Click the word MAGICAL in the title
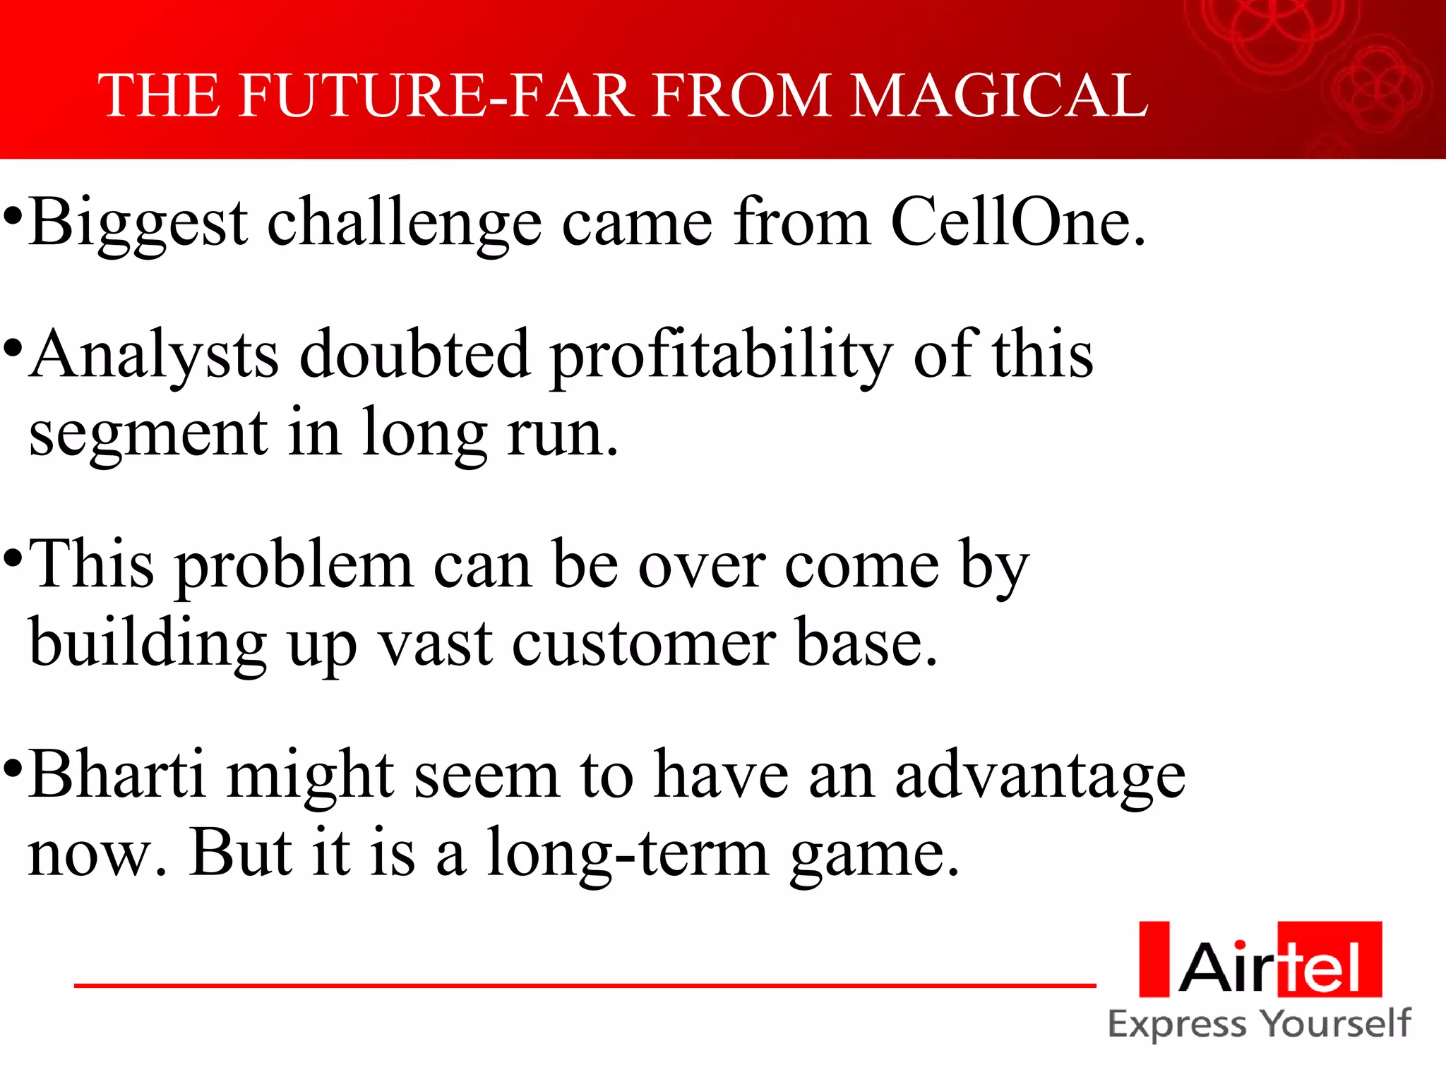[x=999, y=96]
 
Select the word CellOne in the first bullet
[x=1017, y=222]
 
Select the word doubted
[x=414, y=354]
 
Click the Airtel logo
[x=1260, y=960]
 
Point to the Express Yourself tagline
[x=1259, y=1025]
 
